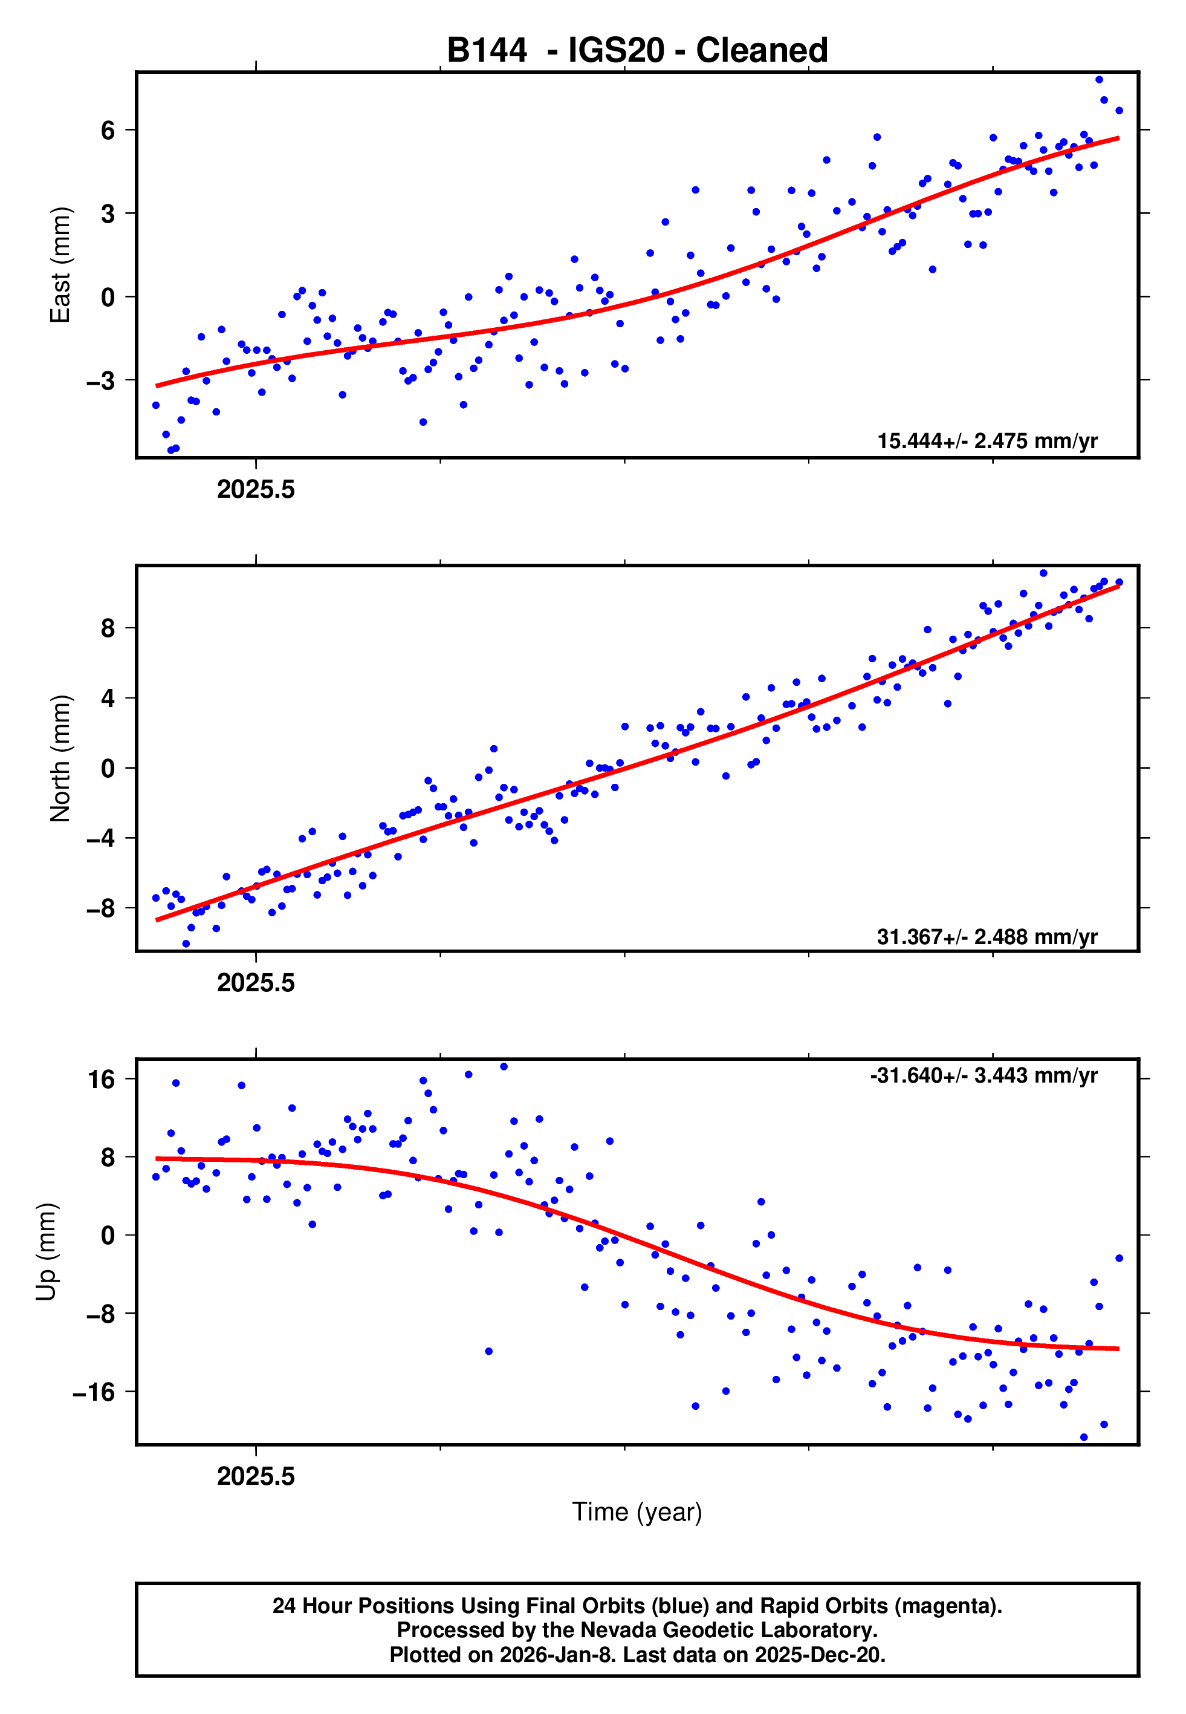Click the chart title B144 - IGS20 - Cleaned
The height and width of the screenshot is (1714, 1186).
click(637, 51)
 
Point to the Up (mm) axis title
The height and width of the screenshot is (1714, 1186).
click(46, 1252)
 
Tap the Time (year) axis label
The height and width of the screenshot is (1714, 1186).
click(637, 1512)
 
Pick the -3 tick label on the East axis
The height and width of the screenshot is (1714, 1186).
click(101, 381)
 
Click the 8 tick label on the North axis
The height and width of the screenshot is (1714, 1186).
click(108, 629)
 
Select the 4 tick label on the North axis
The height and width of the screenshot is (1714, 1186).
click(108, 699)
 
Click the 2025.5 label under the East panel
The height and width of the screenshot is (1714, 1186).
click(256, 490)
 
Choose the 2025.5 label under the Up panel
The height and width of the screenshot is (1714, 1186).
click(256, 1477)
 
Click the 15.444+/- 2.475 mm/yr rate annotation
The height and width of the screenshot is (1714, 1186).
click(987, 442)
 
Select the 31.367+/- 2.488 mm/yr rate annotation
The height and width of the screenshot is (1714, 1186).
click(987, 937)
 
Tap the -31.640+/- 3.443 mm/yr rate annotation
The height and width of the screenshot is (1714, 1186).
click(984, 1077)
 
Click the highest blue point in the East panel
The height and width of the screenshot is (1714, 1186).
click(1099, 79)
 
